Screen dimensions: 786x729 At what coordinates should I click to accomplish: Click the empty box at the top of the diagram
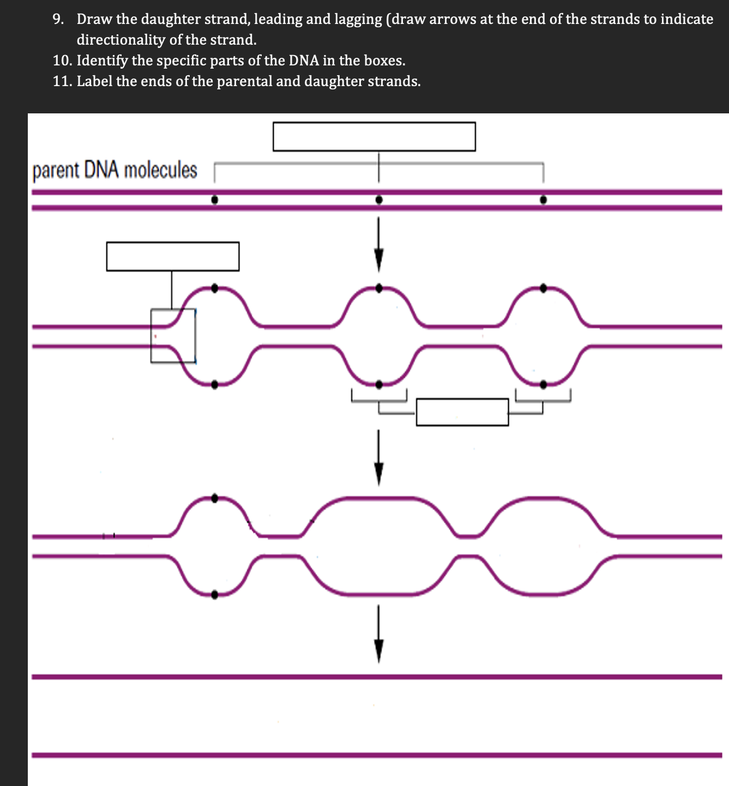[x=374, y=136]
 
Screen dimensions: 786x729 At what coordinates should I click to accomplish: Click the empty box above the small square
[x=172, y=256]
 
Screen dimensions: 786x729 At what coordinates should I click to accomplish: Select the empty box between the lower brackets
[x=462, y=412]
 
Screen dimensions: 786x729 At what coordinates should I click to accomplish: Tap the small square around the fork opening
[x=173, y=335]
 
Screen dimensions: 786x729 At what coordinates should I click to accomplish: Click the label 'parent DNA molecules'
[x=115, y=170]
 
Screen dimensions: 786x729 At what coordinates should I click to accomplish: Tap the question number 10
[x=62, y=61]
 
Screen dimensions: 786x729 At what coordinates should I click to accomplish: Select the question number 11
[x=62, y=81]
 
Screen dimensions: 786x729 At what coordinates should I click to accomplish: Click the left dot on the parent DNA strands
[x=215, y=200]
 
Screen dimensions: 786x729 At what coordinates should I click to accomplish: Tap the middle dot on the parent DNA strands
[x=379, y=200]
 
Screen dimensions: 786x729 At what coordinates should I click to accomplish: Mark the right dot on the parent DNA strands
[x=543, y=200]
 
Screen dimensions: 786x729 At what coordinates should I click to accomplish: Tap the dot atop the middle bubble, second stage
[x=379, y=288]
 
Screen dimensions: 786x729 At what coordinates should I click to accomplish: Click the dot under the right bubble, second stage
[x=543, y=384]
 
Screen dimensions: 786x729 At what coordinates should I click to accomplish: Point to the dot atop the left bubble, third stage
[x=214, y=498]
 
